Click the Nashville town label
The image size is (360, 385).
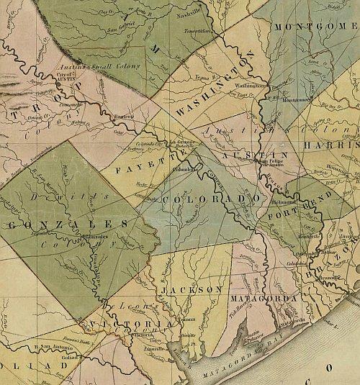pyautogui.click(x=194, y=12)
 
